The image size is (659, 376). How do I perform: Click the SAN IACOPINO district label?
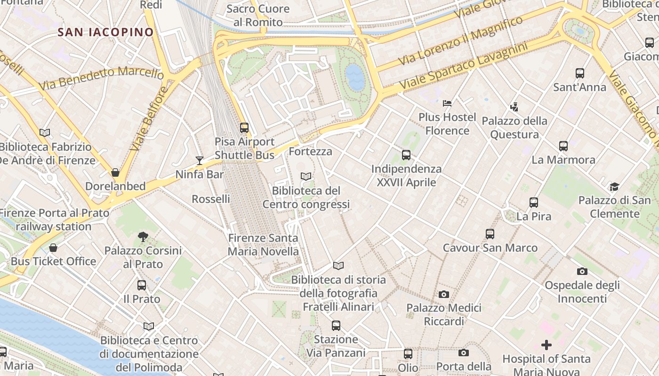[106, 32]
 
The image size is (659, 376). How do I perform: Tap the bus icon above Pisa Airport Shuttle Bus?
[244, 127]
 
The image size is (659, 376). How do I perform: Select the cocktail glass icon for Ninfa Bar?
[200, 161]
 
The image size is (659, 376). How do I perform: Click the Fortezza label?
[310, 151]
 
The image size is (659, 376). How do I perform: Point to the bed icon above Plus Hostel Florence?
[447, 103]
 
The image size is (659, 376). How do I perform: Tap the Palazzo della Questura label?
[514, 128]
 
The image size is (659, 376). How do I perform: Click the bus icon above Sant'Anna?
[580, 73]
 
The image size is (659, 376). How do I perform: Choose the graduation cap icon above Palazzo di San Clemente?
[614, 187]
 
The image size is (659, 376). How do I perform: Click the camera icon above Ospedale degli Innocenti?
[582, 271]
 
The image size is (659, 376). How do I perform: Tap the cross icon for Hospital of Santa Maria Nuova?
[546, 345]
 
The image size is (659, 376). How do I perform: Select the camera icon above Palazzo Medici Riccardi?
[443, 294]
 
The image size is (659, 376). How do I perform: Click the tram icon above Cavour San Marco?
[490, 234]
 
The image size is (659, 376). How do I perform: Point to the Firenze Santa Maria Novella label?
[263, 244]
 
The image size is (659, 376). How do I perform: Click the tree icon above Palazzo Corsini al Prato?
[143, 236]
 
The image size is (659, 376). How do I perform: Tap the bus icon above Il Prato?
[142, 285]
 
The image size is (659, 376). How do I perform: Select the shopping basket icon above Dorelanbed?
[115, 172]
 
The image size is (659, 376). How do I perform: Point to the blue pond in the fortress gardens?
[355, 77]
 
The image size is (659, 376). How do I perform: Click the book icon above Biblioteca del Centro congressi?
[306, 176]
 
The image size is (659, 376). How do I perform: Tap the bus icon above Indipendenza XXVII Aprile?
[406, 155]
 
